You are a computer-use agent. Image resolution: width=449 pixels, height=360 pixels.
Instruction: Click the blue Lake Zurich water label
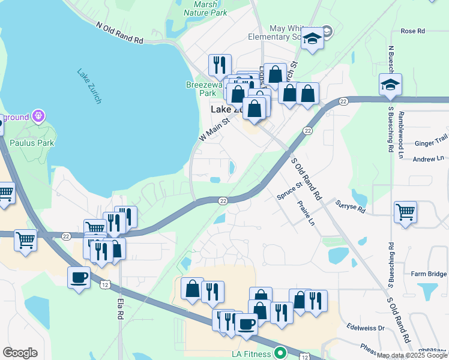click(x=89, y=86)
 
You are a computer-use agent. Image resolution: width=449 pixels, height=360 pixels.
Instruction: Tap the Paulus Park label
click(x=32, y=143)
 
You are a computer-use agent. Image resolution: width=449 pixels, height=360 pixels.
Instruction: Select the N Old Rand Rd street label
click(x=119, y=32)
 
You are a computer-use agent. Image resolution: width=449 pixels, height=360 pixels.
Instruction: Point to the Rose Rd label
click(x=412, y=31)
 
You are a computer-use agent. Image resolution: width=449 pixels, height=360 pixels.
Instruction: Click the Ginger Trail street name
click(x=431, y=143)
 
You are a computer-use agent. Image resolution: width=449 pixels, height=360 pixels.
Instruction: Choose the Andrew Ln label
click(x=427, y=159)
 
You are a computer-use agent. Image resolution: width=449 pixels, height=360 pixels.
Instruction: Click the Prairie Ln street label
click(x=306, y=213)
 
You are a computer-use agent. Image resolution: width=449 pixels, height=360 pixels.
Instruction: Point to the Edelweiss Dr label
click(x=365, y=328)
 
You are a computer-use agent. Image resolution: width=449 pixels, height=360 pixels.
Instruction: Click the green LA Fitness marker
click(x=279, y=352)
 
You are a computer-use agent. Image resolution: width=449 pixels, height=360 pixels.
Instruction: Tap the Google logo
click(x=20, y=352)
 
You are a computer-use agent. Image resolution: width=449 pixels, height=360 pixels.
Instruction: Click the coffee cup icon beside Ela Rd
click(x=79, y=277)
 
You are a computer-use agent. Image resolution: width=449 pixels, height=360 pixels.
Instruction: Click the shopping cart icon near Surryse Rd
click(x=406, y=211)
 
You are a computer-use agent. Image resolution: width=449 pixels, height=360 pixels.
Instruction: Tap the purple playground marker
click(x=39, y=114)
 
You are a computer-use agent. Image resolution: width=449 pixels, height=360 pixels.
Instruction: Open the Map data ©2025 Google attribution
click(x=412, y=355)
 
